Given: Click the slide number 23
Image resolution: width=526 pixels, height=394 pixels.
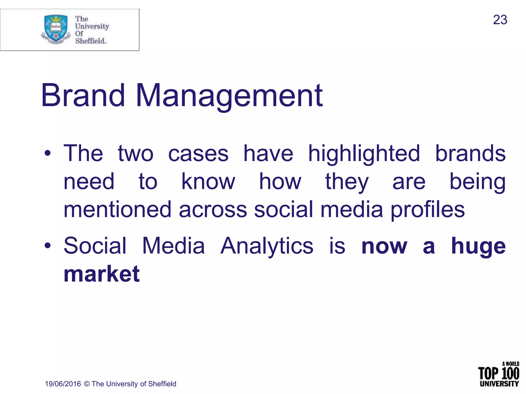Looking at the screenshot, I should pos(500,20).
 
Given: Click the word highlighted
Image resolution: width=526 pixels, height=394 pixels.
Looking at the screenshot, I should pos(364,154).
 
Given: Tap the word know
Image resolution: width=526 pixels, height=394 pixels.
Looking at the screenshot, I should pos(208,182).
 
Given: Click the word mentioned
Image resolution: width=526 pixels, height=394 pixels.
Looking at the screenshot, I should pos(117,210).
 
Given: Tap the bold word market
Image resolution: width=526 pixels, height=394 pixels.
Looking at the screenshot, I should pos(102,274).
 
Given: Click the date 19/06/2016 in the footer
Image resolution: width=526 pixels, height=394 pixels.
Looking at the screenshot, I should pos(63,384).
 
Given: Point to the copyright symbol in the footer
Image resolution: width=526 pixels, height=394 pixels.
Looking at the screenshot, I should pos(87,384).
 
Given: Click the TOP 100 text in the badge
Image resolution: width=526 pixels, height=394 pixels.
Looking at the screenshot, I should pos(498,373).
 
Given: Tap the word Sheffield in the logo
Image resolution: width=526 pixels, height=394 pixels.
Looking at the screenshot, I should pos(90,41).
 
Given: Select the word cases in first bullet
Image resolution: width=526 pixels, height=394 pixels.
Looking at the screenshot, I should pos(198,154).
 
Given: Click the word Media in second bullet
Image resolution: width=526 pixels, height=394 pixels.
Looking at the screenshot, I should pos(173,246).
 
